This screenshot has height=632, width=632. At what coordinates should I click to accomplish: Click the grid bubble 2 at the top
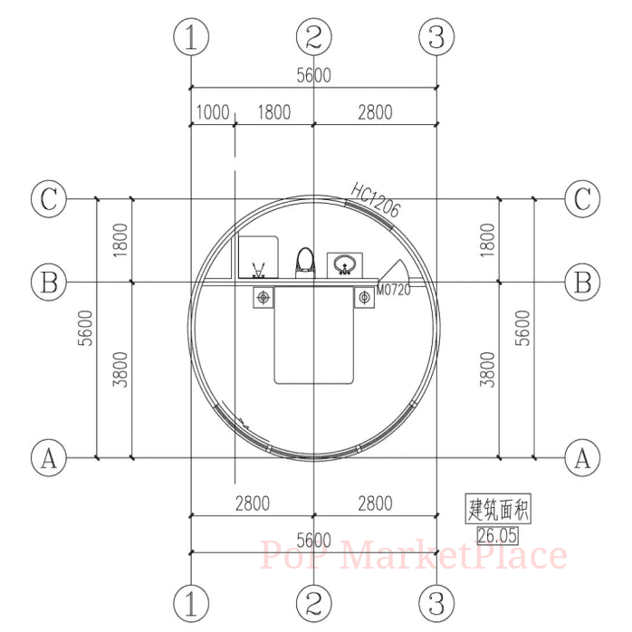[314, 36]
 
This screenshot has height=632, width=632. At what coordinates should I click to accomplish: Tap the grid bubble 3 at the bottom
[436, 603]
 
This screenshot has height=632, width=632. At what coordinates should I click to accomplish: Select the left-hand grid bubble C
[49, 198]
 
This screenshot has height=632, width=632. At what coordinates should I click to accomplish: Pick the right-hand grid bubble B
[582, 282]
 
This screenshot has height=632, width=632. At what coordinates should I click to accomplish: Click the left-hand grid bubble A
[49, 458]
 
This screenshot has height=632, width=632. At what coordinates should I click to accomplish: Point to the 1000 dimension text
[213, 112]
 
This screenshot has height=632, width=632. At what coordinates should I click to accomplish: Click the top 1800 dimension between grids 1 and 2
[274, 112]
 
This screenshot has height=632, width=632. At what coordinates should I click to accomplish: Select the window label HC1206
[375, 200]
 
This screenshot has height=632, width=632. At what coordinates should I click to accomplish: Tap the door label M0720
[393, 290]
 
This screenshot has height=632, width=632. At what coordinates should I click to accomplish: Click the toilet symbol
[305, 263]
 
